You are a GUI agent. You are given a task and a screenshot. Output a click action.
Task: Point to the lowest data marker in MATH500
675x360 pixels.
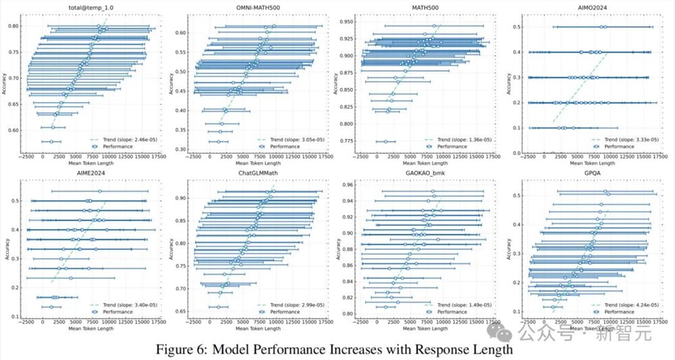coord(386,141)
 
